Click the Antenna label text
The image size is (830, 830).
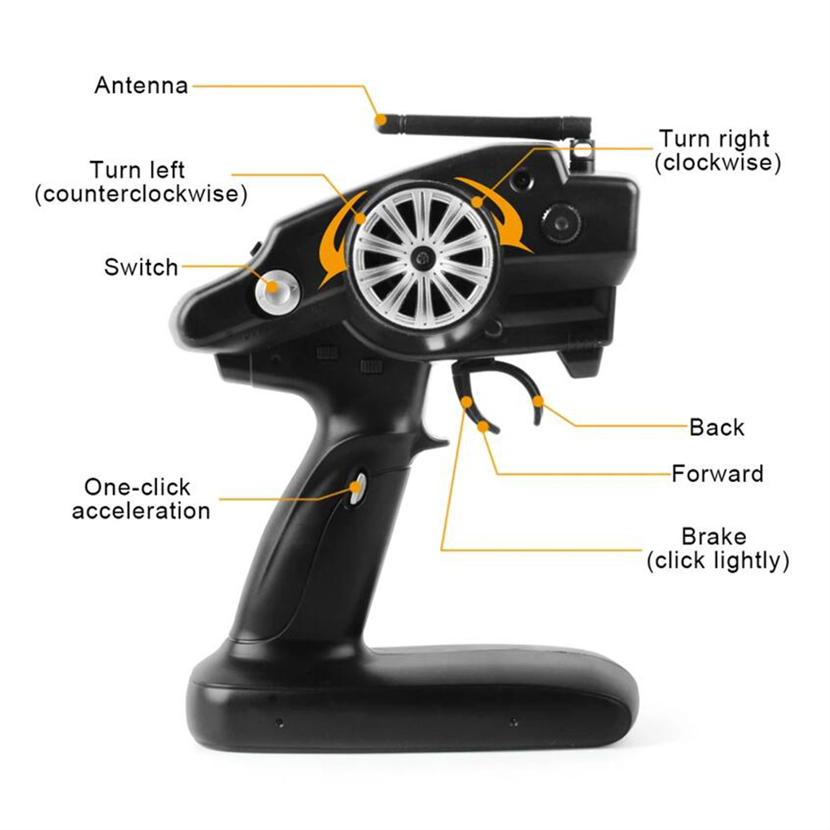(x=141, y=85)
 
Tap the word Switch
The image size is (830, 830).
(x=141, y=267)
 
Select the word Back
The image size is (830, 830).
(x=717, y=427)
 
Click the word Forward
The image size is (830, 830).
(x=717, y=473)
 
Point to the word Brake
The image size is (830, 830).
(x=714, y=536)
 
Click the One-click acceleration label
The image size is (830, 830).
(x=141, y=499)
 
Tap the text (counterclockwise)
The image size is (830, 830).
(x=141, y=193)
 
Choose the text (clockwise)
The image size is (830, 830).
(x=718, y=163)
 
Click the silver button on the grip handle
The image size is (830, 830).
(x=359, y=488)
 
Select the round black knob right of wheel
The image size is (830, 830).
(x=561, y=224)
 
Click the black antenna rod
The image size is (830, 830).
(x=485, y=125)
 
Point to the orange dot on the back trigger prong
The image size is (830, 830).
(x=538, y=401)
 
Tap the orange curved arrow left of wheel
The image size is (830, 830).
(x=339, y=238)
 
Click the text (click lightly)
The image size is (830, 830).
(x=718, y=560)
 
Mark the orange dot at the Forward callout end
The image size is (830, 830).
(x=482, y=426)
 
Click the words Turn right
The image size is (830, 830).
(x=714, y=139)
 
